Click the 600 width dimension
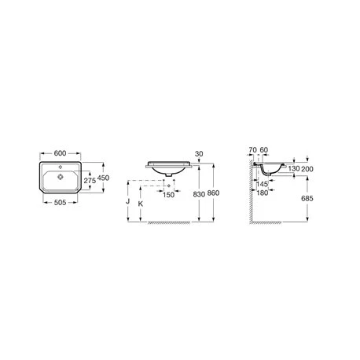click(x=60, y=153)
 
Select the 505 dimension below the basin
click(x=60, y=202)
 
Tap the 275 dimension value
click(x=90, y=181)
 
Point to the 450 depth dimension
click(x=103, y=178)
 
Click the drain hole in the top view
click(x=61, y=177)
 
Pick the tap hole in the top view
click(x=61, y=167)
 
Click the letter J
click(x=128, y=201)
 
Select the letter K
click(x=141, y=204)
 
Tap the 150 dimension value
click(x=168, y=195)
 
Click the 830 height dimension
click(x=199, y=194)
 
